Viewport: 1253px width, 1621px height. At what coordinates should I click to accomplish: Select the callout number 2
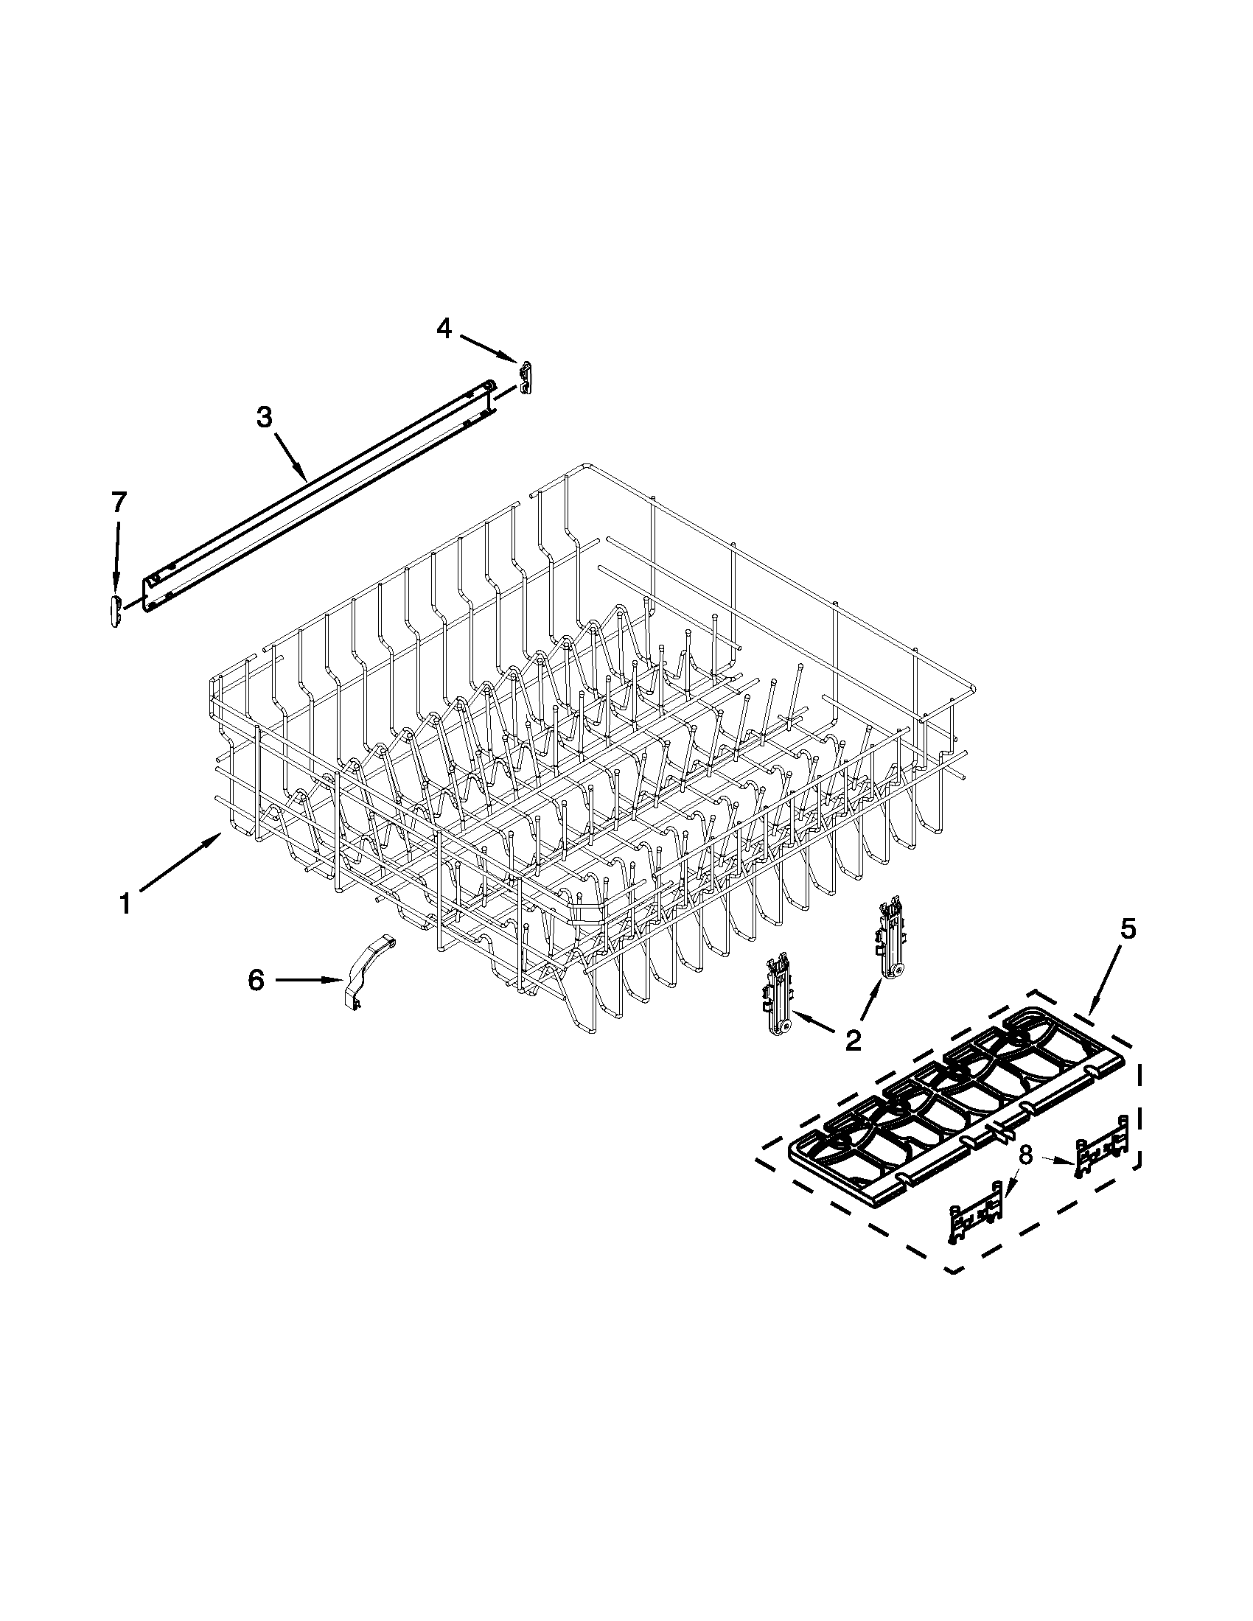[853, 1040]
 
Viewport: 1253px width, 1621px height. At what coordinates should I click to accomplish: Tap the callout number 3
[265, 417]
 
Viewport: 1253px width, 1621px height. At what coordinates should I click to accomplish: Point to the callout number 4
[443, 328]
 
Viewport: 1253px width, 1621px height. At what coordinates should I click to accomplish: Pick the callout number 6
[255, 981]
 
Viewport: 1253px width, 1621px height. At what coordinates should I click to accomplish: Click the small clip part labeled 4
[526, 377]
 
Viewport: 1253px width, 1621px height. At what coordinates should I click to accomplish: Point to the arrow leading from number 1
[179, 861]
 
